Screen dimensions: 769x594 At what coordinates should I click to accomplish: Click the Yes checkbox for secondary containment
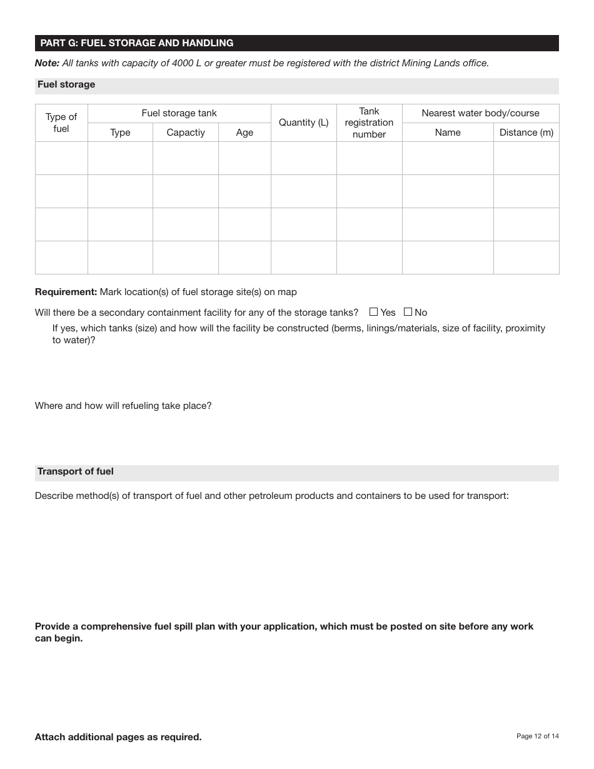[374, 312]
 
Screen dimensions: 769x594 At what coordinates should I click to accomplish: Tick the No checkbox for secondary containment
[408, 312]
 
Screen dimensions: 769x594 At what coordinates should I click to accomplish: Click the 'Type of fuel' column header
[61, 123]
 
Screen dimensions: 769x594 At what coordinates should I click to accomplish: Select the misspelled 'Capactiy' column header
[186, 133]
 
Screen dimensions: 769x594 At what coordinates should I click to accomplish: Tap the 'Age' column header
[244, 133]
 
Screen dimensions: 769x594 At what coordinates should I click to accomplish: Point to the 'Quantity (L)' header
[303, 123]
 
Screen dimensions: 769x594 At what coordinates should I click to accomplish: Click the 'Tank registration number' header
[369, 123]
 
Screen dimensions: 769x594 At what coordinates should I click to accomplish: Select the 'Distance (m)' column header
[526, 133]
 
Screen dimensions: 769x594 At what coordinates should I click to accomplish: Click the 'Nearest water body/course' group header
[480, 113]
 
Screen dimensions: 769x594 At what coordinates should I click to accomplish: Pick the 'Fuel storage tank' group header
[179, 113]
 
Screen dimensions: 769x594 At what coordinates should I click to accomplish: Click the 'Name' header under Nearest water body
[448, 133]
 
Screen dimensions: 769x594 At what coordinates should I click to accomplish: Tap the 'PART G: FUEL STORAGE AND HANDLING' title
[137, 43]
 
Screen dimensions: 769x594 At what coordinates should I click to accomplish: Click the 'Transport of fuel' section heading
[76, 471]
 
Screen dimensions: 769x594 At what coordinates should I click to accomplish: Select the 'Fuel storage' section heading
[66, 84]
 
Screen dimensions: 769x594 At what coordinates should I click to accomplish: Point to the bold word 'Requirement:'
[66, 292]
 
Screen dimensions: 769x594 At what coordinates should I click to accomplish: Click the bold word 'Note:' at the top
[47, 63]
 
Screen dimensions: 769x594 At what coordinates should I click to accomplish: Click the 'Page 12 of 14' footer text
[537, 736]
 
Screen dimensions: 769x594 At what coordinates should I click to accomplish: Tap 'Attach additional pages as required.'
[118, 737]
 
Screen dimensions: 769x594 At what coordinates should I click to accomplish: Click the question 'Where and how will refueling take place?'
[123, 406]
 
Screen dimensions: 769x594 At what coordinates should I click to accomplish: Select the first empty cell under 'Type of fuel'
[61, 158]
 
